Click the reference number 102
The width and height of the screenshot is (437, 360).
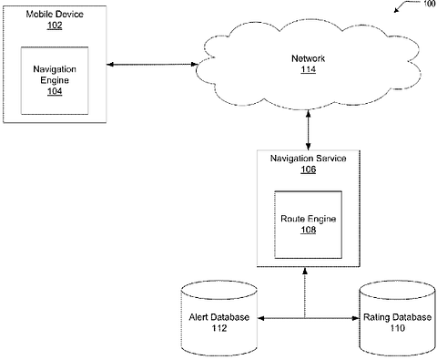click(55, 26)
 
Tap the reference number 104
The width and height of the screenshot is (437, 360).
click(55, 91)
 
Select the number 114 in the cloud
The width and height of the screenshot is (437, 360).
click(309, 69)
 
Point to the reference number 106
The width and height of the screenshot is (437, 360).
click(309, 170)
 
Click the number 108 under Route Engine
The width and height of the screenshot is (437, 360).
click(309, 230)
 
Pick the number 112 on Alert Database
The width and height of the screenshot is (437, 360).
click(219, 328)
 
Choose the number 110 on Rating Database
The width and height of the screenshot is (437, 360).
click(397, 328)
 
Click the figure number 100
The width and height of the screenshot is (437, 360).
click(429, 4)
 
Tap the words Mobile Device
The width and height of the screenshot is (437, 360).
click(55, 15)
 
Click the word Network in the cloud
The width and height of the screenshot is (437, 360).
click(309, 58)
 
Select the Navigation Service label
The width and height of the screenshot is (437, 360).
click(309, 159)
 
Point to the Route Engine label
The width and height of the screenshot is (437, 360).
click(309, 219)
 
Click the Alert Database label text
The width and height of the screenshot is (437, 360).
click(219, 317)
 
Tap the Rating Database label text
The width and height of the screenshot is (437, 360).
click(397, 317)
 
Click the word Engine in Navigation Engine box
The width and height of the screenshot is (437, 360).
click(55, 80)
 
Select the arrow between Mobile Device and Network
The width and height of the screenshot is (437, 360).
click(152, 65)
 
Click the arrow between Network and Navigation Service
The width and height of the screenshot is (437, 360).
click(309, 130)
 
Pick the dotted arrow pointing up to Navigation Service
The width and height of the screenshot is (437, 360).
click(305, 293)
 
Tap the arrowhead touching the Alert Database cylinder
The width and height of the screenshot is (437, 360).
click(261, 318)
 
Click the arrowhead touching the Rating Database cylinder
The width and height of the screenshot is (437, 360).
click(356, 318)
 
